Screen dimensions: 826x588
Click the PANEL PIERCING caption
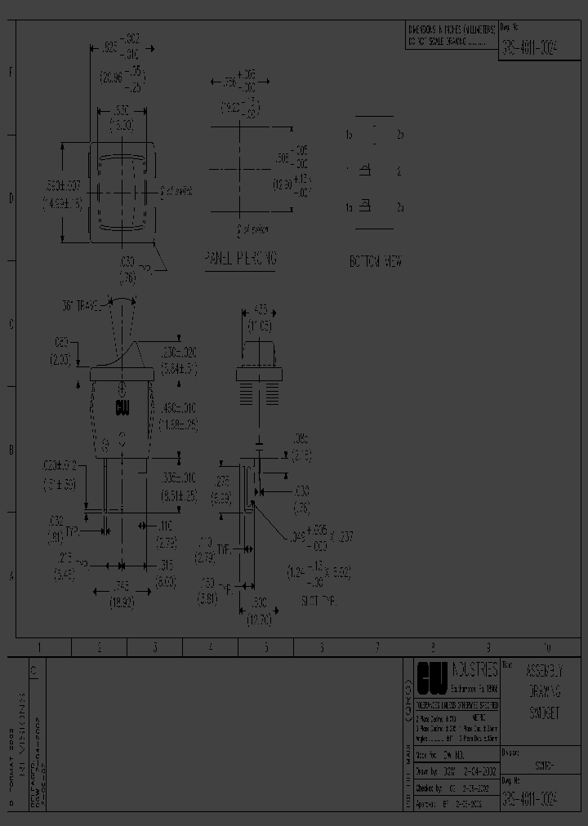[240, 259]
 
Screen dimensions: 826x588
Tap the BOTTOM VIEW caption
[375, 262]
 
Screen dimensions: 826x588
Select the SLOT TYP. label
[318, 599]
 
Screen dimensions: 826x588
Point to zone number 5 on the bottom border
[265, 647]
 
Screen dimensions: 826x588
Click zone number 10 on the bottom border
[546, 647]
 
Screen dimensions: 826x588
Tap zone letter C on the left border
[11, 324]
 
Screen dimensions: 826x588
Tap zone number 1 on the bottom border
[38, 647]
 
